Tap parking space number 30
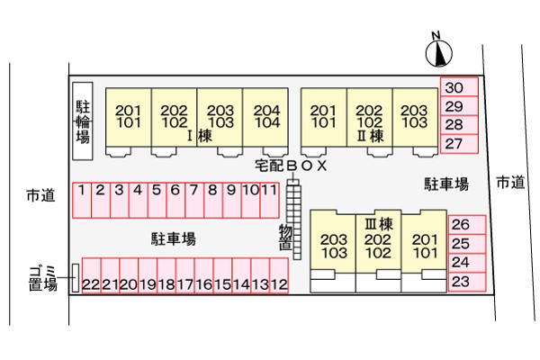tap(459, 86)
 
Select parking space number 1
tap(82, 201)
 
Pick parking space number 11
tap(269, 201)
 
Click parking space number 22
tap(91, 275)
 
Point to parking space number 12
tap(279, 275)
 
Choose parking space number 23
tap(467, 282)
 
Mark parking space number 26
tap(467, 225)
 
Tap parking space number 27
tap(459, 144)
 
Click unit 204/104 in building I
tap(265, 117)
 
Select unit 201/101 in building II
tap(324, 117)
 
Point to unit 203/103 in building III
tap(333, 241)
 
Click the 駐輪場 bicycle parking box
tap(83, 121)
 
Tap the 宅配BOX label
tap(291, 166)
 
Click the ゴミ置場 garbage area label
tap(42, 279)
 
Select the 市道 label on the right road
tap(510, 182)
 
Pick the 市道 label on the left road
tap(40, 195)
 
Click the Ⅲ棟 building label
tap(379, 225)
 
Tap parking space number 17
tap(185, 275)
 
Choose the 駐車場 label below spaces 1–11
tap(174, 238)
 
